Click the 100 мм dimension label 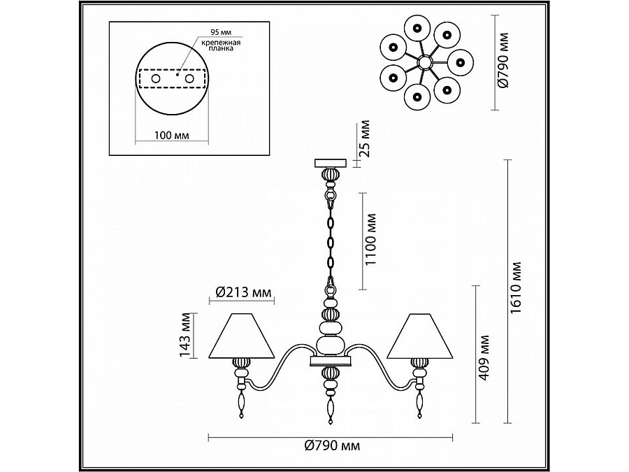pyautogui.click(x=172, y=135)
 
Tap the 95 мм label pyautogui.click(x=221, y=32)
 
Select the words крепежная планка pyautogui.click(x=221, y=45)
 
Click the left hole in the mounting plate pyautogui.click(x=156, y=78)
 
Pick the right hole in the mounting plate pyautogui.click(x=189, y=78)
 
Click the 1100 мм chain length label pyautogui.click(x=371, y=239)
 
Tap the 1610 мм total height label pyautogui.click(x=516, y=288)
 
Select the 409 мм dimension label pyautogui.click(x=484, y=358)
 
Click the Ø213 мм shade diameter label pyautogui.click(x=243, y=292)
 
